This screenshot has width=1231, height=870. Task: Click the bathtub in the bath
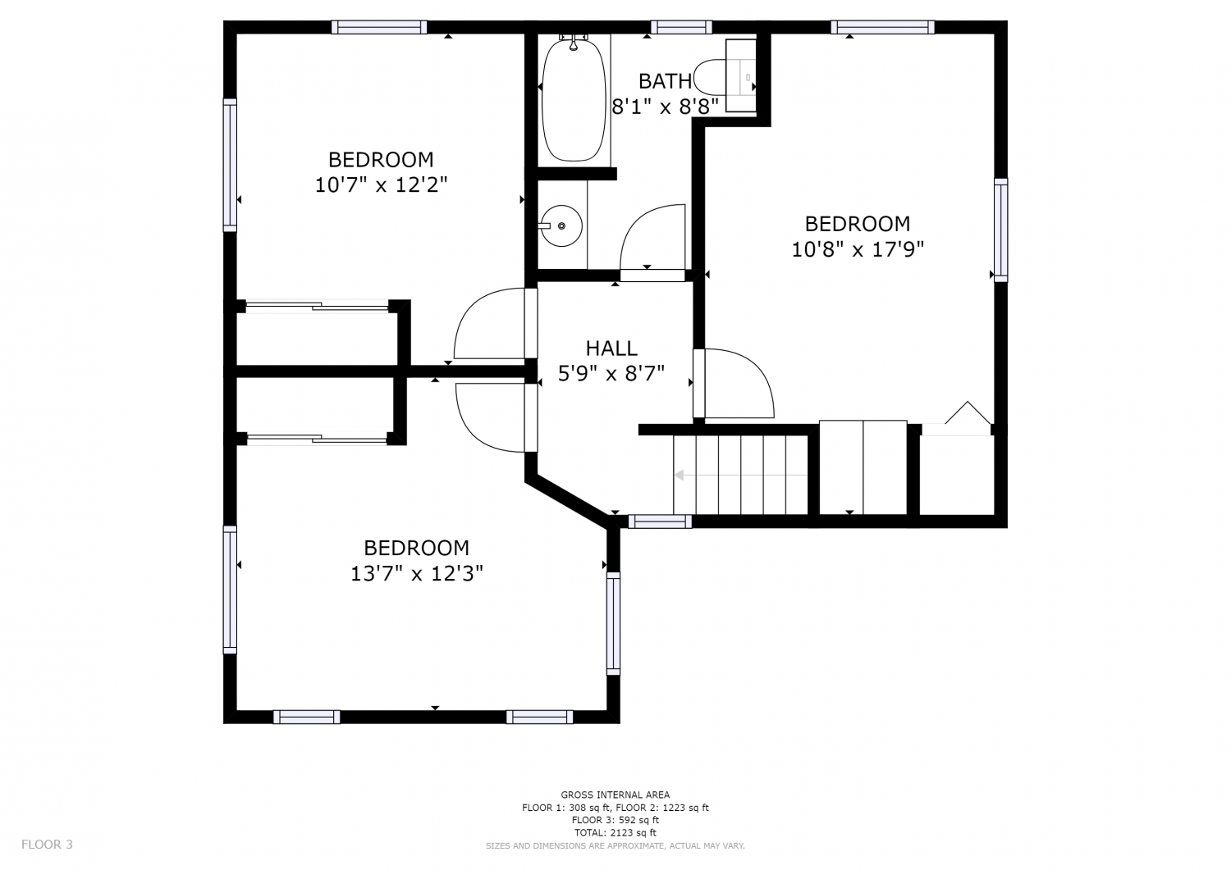574,101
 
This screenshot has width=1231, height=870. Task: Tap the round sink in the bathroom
561,225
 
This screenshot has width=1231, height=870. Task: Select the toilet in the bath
725,77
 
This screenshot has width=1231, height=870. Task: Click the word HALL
611,348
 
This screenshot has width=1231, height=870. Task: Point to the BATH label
665,81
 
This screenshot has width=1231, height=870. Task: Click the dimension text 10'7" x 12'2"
381,185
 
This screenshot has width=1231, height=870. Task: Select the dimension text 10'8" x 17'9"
858,250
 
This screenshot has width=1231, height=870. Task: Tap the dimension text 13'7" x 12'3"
417,574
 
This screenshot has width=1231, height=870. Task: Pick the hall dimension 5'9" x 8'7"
611,374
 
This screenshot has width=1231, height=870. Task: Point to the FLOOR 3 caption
47,845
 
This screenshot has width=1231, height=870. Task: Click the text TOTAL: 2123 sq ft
615,832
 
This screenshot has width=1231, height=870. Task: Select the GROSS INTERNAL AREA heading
615,795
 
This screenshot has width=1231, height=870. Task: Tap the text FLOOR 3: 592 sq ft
615,820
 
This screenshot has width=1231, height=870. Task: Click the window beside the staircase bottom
660,522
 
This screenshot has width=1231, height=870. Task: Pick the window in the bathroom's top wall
681,27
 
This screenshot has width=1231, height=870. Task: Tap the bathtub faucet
573,42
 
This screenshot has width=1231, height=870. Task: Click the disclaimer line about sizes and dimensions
615,846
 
